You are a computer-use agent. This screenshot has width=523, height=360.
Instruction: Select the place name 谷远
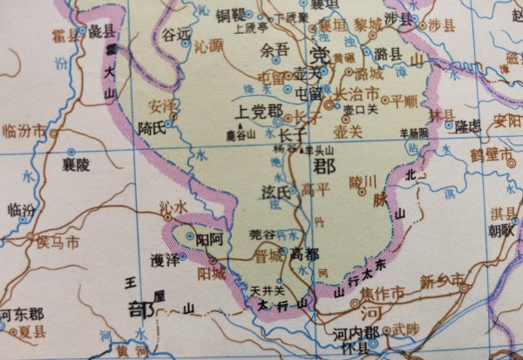coord(176,34)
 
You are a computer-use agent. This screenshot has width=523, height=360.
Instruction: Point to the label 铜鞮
coord(234,16)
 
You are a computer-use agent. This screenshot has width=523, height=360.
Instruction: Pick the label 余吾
coord(274,51)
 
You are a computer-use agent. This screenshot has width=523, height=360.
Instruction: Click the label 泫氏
coord(275,190)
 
